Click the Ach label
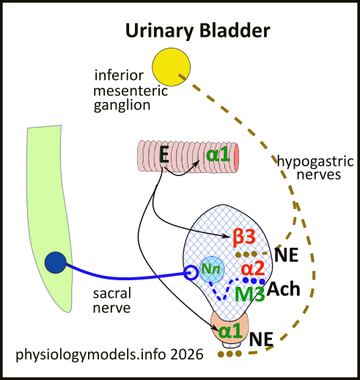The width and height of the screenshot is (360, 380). (x=284, y=288)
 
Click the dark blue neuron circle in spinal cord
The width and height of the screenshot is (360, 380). (x=56, y=262)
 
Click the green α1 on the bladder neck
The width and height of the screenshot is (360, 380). (x=230, y=330)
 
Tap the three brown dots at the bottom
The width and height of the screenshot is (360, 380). (x=229, y=354)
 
